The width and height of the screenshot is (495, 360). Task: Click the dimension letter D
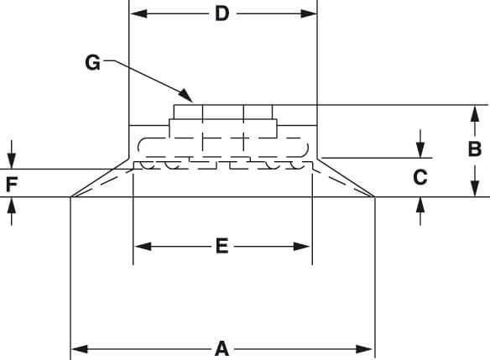point(222,14)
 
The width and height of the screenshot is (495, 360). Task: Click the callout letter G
point(93,63)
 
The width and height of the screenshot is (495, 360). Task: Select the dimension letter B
point(475,149)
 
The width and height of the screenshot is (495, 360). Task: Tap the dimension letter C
point(420,177)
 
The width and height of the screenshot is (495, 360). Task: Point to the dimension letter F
point(12,185)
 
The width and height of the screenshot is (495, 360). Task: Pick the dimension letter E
point(222,247)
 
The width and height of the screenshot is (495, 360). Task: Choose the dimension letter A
point(222,349)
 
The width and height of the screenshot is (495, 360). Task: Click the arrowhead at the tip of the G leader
point(185,96)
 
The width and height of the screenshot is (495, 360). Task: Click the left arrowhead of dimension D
point(138,14)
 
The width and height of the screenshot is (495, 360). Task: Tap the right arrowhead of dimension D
point(309,14)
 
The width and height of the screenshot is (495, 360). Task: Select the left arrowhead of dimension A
point(80,349)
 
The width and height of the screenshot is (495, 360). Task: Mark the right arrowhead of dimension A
point(364,349)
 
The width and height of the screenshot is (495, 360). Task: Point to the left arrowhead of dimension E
point(143,247)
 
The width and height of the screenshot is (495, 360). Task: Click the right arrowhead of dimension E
point(301,247)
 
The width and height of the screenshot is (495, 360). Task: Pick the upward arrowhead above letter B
point(475,113)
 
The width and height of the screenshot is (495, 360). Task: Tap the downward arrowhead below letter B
point(475,188)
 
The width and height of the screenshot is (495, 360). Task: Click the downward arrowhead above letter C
point(420,149)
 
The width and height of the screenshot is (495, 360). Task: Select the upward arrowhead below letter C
point(420,206)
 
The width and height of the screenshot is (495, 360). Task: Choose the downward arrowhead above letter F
point(12,161)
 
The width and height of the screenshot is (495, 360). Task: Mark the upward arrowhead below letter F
point(12,206)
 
